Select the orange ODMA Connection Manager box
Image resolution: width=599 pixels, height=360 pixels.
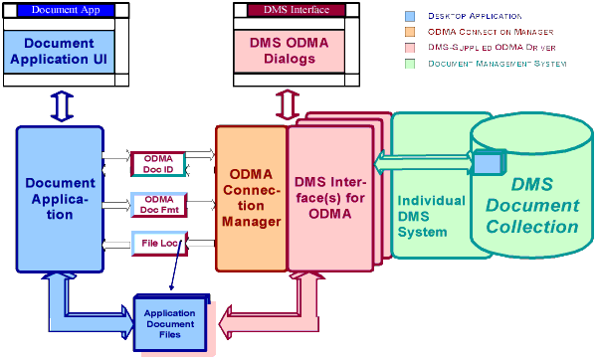pyautogui.click(x=251, y=198)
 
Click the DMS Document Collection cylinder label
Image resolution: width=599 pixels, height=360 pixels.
pyautogui.click(x=531, y=205)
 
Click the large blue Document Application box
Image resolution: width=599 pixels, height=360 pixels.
pyautogui.click(x=60, y=198)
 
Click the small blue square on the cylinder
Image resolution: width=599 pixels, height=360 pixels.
pyautogui.click(x=485, y=160)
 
